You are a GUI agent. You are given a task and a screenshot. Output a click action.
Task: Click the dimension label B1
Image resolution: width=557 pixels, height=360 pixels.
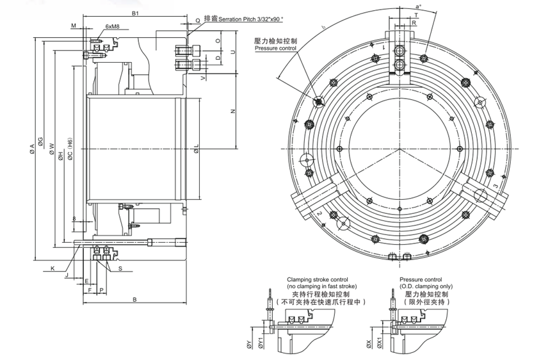click(x=135, y=13)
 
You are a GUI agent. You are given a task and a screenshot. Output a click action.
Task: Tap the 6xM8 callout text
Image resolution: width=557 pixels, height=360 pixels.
click(x=113, y=27)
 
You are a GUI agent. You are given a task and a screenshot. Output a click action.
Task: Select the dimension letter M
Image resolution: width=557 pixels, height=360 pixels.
click(x=74, y=26)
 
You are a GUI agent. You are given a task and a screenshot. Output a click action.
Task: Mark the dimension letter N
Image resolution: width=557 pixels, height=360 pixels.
click(x=233, y=111)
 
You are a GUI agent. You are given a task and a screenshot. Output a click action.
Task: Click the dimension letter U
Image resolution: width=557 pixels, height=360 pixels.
click(x=233, y=51)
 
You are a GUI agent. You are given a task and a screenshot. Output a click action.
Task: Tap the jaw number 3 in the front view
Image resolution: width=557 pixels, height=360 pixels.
click(x=496, y=185)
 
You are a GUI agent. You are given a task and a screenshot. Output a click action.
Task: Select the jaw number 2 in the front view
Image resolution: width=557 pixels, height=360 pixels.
click(x=318, y=213)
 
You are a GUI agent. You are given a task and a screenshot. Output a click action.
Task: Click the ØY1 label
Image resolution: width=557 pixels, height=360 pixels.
click(x=259, y=345)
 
